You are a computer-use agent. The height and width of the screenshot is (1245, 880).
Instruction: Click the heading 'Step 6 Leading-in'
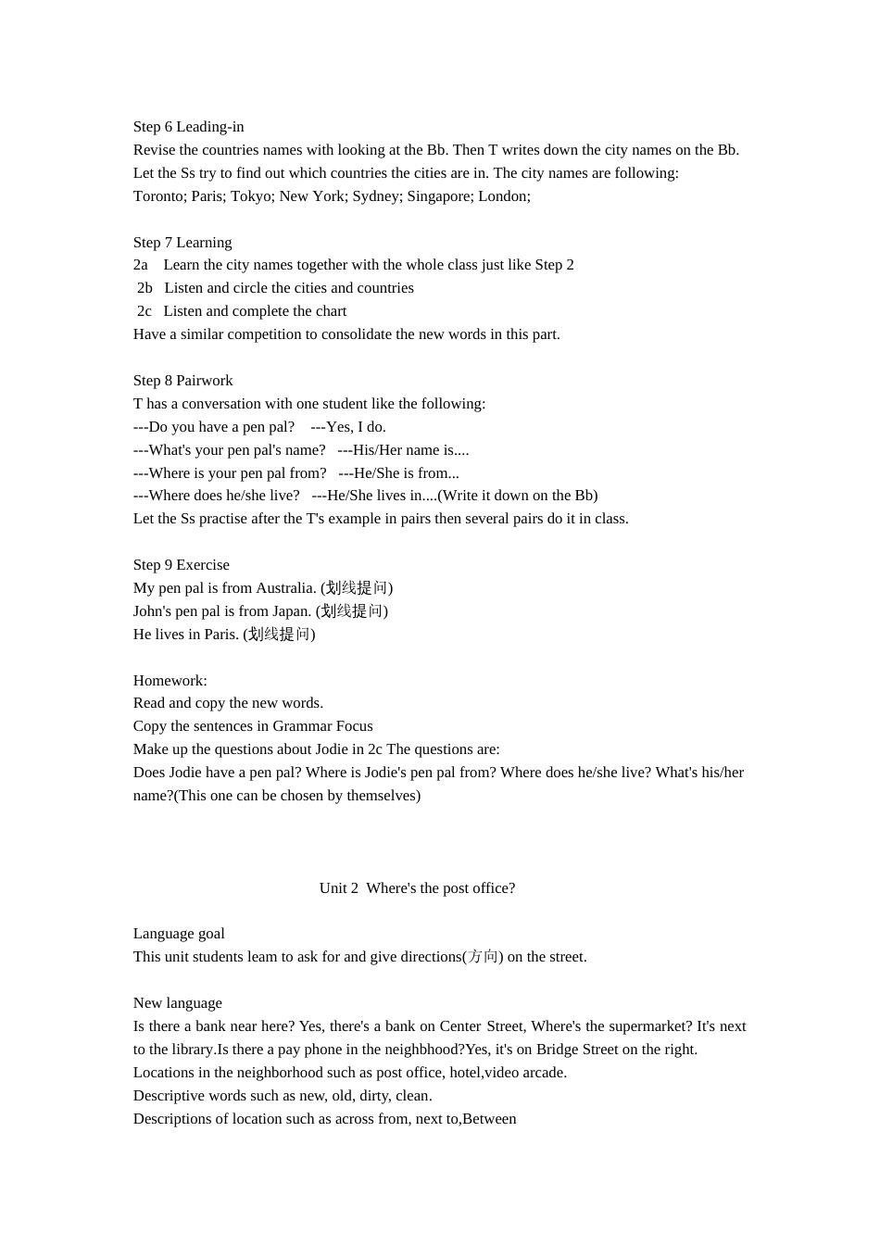188,127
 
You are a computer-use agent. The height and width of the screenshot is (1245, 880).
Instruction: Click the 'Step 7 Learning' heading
182,243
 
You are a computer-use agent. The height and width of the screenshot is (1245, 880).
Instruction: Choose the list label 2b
145,288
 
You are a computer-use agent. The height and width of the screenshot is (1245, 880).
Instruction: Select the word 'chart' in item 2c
331,311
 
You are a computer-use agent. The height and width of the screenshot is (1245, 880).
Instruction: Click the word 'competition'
270,334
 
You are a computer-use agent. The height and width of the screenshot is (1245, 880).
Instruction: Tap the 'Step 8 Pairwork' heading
182,381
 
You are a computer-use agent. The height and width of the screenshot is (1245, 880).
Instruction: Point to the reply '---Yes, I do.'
348,427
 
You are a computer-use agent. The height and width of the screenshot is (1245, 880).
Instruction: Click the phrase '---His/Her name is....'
403,450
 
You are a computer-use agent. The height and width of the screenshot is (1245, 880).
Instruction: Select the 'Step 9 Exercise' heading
181,565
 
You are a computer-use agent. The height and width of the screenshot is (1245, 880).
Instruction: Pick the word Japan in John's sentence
291,611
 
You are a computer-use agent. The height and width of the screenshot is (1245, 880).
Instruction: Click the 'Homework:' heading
170,681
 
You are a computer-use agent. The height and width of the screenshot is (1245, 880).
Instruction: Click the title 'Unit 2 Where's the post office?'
417,888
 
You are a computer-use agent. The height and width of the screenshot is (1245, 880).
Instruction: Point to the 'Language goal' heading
179,934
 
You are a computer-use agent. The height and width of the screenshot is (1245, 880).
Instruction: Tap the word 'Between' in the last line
489,1119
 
